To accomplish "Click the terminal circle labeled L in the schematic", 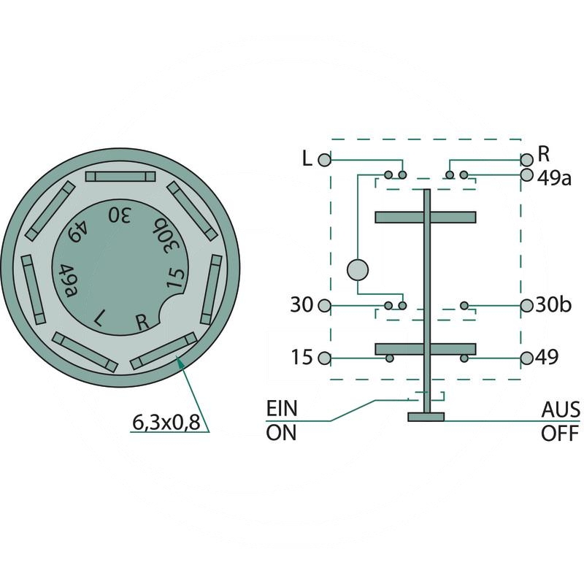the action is pyautogui.click(x=324, y=160).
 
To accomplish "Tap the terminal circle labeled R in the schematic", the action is pyautogui.click(x=526, y=160).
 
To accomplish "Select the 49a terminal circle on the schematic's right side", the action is pyautogui.click(x=526, y=174).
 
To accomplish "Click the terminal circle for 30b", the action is pyautogui.click(x=526, y=306).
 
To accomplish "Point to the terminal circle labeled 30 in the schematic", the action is pyautogui.click(x=324, y=306).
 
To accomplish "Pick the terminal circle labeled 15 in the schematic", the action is pyautogui.click(x=324, y=358).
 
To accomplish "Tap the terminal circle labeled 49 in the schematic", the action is pyautogui.click(x=526, y=358).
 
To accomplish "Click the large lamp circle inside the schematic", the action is pyautogui.click(x=358, y=270).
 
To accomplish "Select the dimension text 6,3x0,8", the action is pyautogui.click(x=166, y=423).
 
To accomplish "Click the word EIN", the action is pyautogui.click(x=282, y=409).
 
